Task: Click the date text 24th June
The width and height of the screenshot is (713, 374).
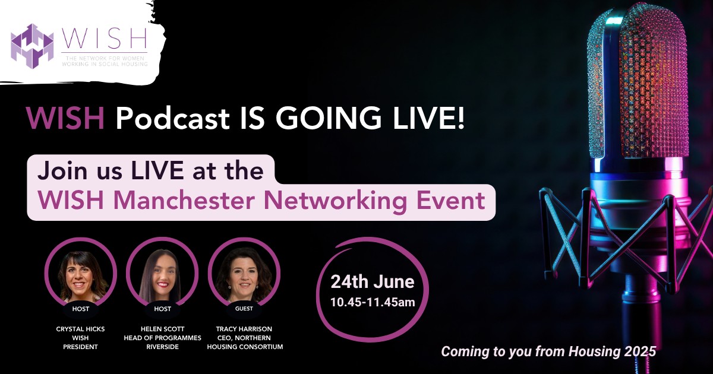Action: (372, 281)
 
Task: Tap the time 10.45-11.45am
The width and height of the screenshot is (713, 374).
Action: (372, 302)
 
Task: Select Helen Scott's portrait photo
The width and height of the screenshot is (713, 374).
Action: (162, 278)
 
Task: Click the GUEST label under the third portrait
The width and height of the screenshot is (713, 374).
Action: (244, 309)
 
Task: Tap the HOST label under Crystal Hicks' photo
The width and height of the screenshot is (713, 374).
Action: (80, 309)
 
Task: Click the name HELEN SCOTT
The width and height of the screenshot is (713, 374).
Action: (162, 329)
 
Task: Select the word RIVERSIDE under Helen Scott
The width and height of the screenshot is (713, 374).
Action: (162, 347)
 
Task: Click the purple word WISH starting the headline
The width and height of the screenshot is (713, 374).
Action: (66, 120)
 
